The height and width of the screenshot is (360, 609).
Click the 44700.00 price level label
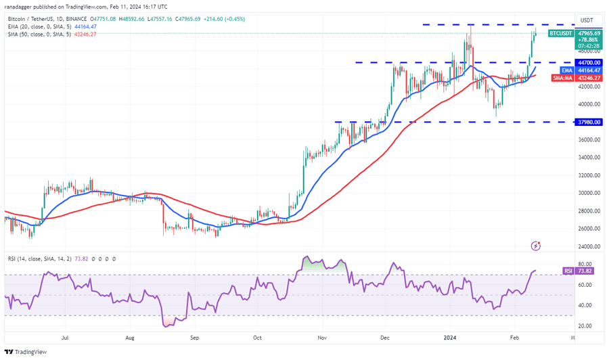(589, 62)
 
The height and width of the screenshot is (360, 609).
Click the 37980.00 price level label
(589, 122)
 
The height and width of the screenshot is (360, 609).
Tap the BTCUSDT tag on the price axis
(560, 32)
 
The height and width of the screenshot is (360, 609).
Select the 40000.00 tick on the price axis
(589, 104)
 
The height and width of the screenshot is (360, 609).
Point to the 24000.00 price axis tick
(589, 246)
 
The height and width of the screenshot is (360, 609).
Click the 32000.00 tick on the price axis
(589, 175)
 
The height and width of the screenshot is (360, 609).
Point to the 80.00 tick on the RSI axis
(586, 265)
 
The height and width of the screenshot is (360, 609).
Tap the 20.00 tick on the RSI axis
(586, 325)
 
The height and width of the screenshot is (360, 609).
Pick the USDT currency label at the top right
(587, 20)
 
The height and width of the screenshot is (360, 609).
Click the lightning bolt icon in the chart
(536, 246)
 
